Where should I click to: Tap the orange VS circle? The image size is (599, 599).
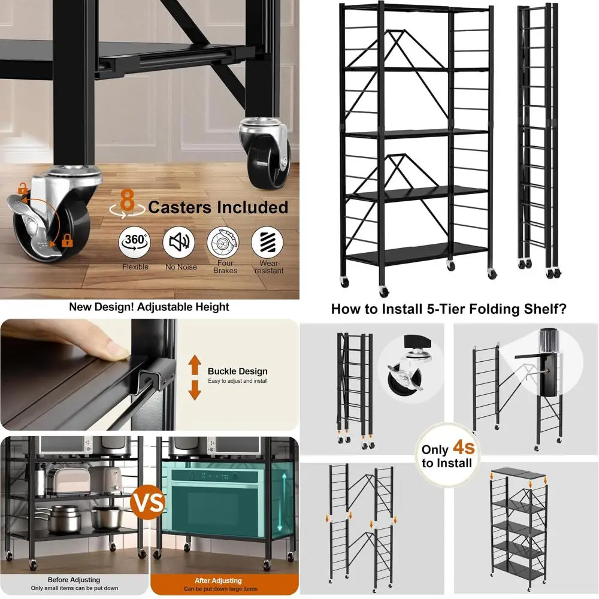pyautogui.click(x=148, y=502)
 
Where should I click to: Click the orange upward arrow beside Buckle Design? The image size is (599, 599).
pyautogui.click(x=195, y=364)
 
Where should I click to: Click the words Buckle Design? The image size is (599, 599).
pyautogui.click(x=237, y=371)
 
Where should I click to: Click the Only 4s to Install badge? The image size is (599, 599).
pyautogui.click(x=446, y=456)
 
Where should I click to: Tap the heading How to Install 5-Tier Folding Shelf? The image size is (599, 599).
pyautogui.click(x=449, y=309)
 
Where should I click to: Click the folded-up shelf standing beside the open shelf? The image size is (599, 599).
pyautogui.click(x=538, y=141)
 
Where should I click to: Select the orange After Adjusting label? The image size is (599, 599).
pyautogui.click(x=218, y=580)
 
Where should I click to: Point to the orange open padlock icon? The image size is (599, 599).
pyautogui.click(x=23, y=190)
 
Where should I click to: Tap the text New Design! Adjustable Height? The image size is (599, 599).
pyautogui.click(x=149, y=307)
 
